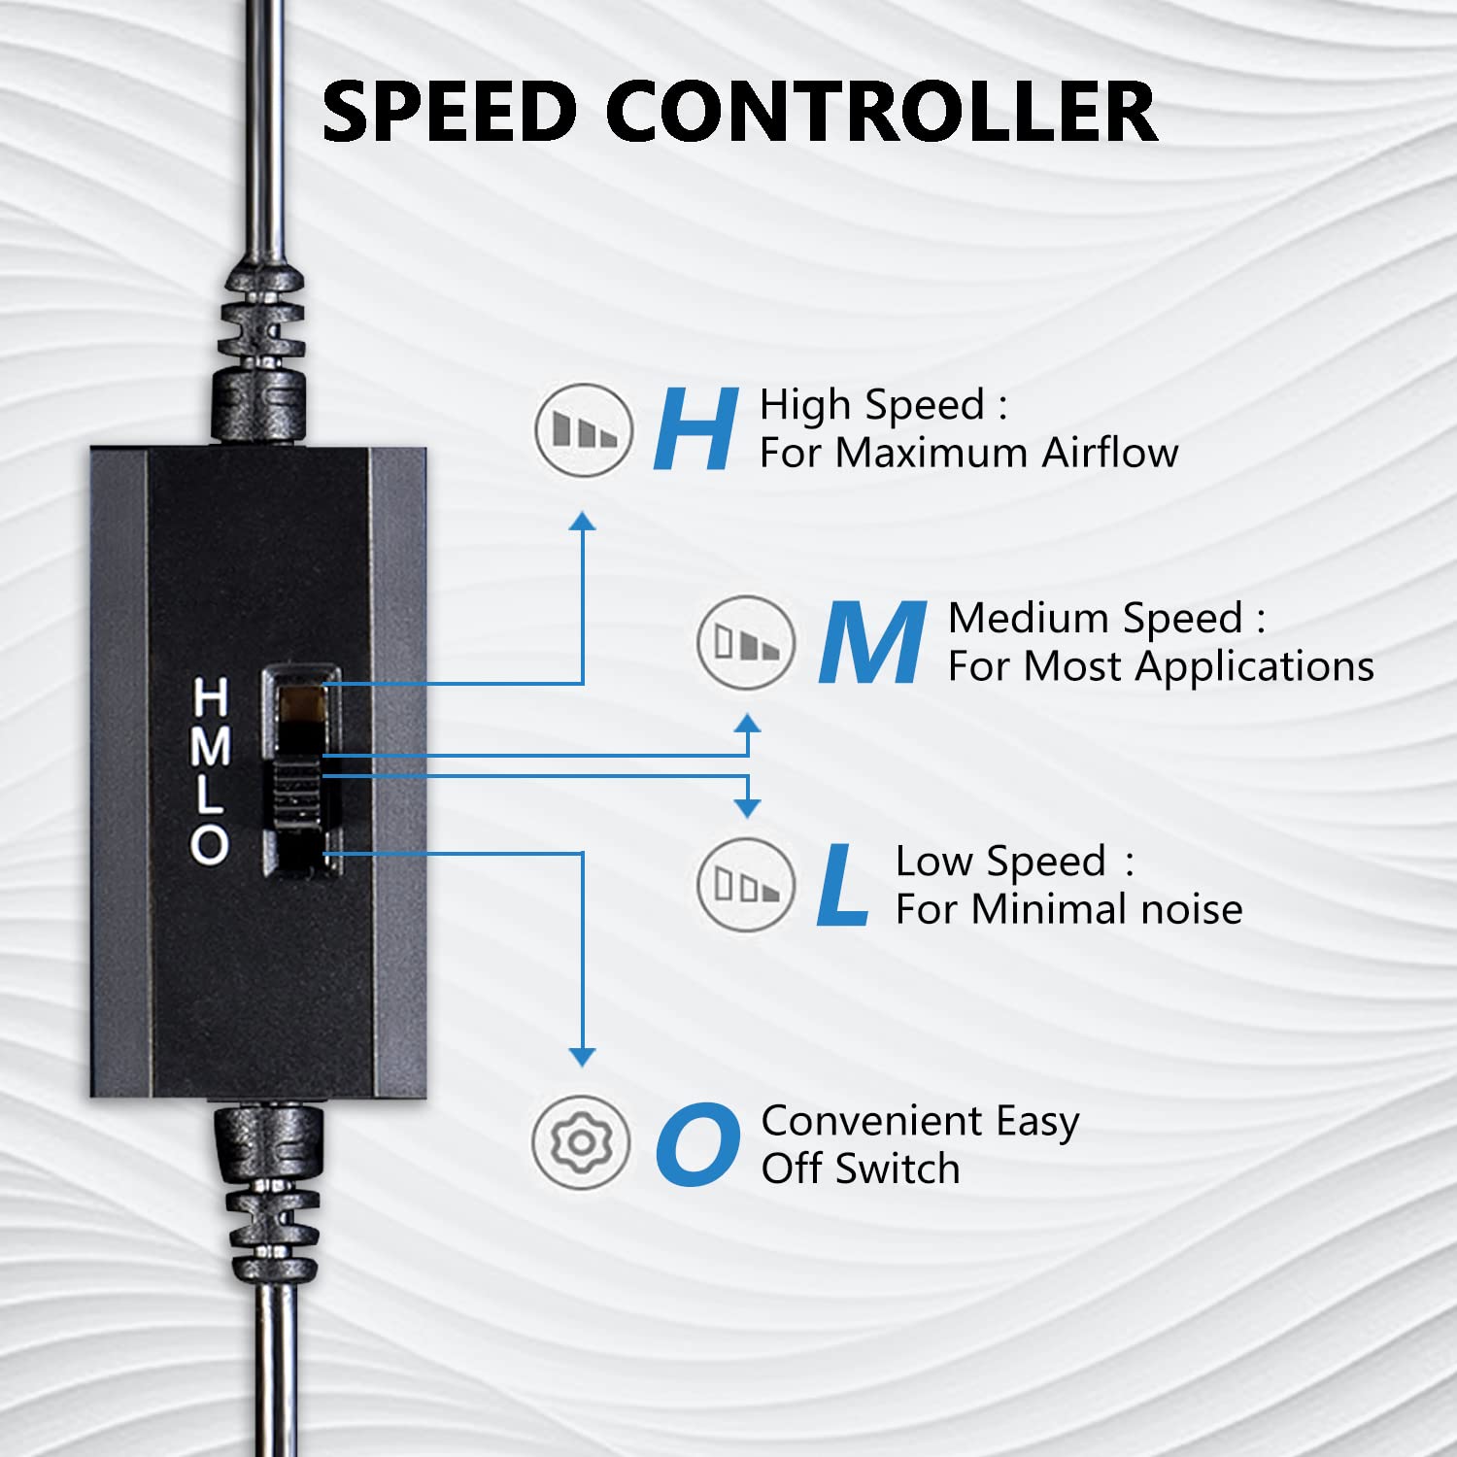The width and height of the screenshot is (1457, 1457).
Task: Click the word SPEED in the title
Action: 450,111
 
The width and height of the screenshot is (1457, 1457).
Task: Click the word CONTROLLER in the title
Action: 882,111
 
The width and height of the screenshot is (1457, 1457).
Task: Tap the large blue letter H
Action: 695,428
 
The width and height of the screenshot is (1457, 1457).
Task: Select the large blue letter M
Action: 871,642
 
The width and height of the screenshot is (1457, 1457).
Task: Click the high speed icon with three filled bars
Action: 584,429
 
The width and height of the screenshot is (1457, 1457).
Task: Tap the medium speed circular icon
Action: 746,643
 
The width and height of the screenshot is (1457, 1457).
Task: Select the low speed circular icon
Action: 746,885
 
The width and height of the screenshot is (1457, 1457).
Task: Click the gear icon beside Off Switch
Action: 581,1142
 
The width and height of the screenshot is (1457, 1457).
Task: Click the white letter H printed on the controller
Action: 211,696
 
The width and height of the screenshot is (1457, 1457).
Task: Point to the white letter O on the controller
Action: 210,844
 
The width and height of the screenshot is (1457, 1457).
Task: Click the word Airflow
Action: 1110,453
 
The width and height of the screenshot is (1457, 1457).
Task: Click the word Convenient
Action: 872,1121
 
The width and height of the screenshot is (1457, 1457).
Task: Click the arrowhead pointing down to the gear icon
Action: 582,1058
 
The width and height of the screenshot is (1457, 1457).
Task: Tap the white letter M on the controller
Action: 211,746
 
